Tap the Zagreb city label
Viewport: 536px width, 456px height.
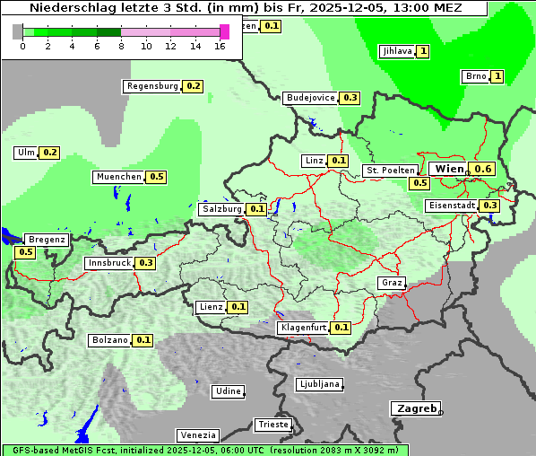click(x=416, y=408)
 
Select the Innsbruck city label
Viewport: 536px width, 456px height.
click(x=108, y=263)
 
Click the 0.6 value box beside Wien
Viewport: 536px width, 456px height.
click(x=483, y=169)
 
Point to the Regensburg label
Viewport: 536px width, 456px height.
click(x=152, y=86)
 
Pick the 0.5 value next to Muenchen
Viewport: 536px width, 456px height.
click(x=157, y=177)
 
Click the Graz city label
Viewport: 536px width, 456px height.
click(x=391, y=283)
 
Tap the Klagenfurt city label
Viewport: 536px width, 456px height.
click(x=303, y=328)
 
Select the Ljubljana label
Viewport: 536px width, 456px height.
click(x=318, y=384)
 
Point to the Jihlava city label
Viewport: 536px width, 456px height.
click(x=396, y=51)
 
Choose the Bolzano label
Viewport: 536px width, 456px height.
click(x=109, y=340)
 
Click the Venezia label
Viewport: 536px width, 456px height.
click(x=196, y=435)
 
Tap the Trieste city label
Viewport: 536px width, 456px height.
click(x=272, y=425)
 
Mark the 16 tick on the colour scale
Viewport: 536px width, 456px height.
click(x=220, y=45)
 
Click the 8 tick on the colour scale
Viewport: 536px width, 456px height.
click(x=121, y=45)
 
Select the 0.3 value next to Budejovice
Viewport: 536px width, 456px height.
click(x=350, y=98)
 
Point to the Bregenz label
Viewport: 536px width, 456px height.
click(x=47, y=240)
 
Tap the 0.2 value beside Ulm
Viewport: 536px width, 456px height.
click(x=50, y=153)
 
